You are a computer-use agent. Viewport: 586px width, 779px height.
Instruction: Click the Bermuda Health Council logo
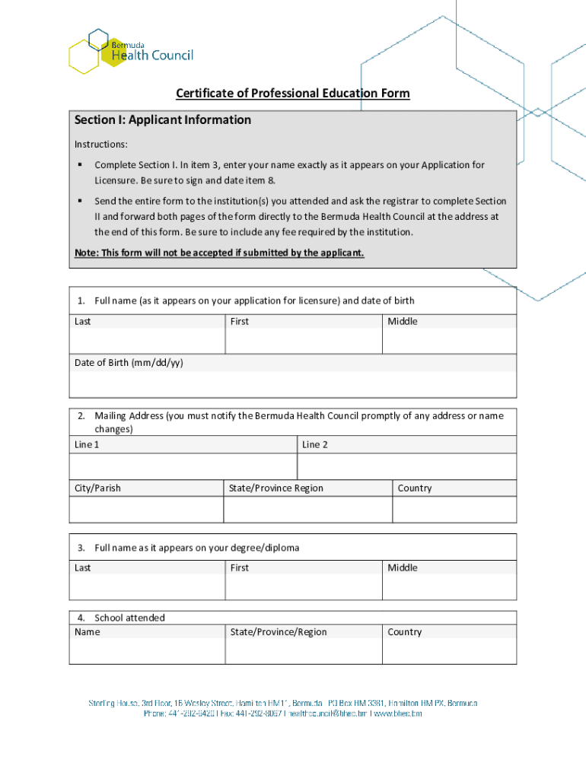point(130,50)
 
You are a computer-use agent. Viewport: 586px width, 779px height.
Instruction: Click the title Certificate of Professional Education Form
point(292,94)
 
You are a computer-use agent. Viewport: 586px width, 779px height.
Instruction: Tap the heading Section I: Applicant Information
point(163,120)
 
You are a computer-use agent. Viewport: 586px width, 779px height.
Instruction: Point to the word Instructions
point(100,144)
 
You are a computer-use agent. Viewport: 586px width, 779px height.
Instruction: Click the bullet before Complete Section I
point(79,165)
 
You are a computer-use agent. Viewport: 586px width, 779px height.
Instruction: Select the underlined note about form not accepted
point(219,253)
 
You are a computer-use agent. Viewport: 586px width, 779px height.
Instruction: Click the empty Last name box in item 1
point(147,341)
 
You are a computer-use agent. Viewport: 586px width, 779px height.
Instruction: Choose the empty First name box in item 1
point(303,341)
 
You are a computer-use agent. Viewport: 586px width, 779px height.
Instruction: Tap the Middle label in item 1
point(403,322)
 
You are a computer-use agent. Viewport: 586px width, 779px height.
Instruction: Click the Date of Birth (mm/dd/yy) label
point(129,363)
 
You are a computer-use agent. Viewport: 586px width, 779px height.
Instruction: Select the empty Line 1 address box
point(183,466)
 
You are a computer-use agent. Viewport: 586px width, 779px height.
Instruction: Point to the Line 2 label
point(315,445)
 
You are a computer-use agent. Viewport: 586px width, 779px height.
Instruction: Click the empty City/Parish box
point(146,510)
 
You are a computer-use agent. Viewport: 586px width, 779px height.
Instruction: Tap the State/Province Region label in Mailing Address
point(275,488)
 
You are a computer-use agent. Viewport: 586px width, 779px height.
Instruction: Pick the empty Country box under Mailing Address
point(454,510)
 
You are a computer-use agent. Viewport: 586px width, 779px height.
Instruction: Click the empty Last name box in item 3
point(147,587)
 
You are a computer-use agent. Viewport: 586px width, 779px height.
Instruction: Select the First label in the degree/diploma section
point(240,568)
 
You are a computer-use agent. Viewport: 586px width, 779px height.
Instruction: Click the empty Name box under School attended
point(147,651)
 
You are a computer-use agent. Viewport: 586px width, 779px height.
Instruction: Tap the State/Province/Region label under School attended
point(278,632)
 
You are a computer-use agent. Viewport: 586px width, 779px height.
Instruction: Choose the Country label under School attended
point(404,632)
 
